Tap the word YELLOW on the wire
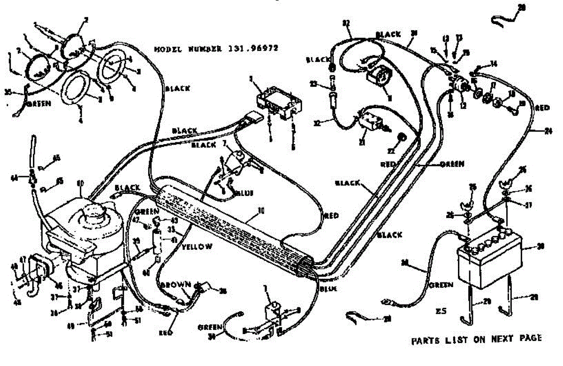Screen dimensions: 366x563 click(196, 246)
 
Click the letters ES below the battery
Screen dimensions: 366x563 click(440, 311)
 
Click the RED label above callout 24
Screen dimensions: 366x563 click(541, 108)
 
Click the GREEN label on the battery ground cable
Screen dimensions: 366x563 click(441, 285)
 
